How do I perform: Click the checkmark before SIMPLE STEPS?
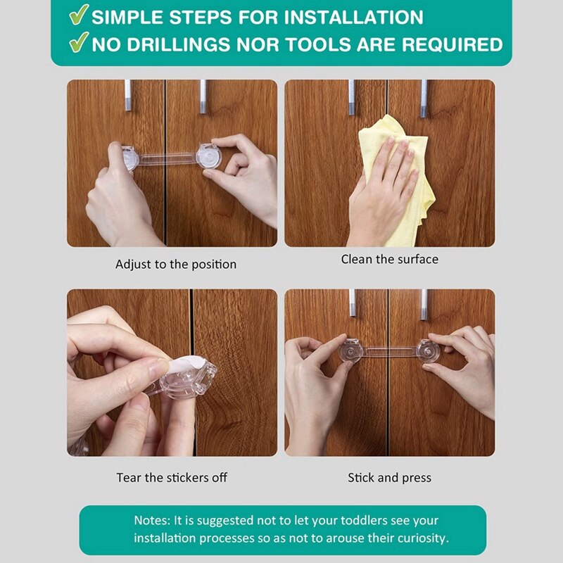click(x=79, y=14)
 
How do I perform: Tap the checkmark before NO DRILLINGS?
click(x=79, y=42)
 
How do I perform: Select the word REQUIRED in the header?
click(x=453, y=44)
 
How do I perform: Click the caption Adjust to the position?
click(x=176, y=265)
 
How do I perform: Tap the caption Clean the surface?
click(x=390, y=259)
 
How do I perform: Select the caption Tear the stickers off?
click(x=172, y=478)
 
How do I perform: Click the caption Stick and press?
click(x=390, y=478)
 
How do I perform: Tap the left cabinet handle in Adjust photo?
click(x=128, y=95)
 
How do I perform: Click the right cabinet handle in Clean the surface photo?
click(x=424, y=99)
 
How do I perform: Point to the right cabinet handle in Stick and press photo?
click(x=424, y=305)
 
